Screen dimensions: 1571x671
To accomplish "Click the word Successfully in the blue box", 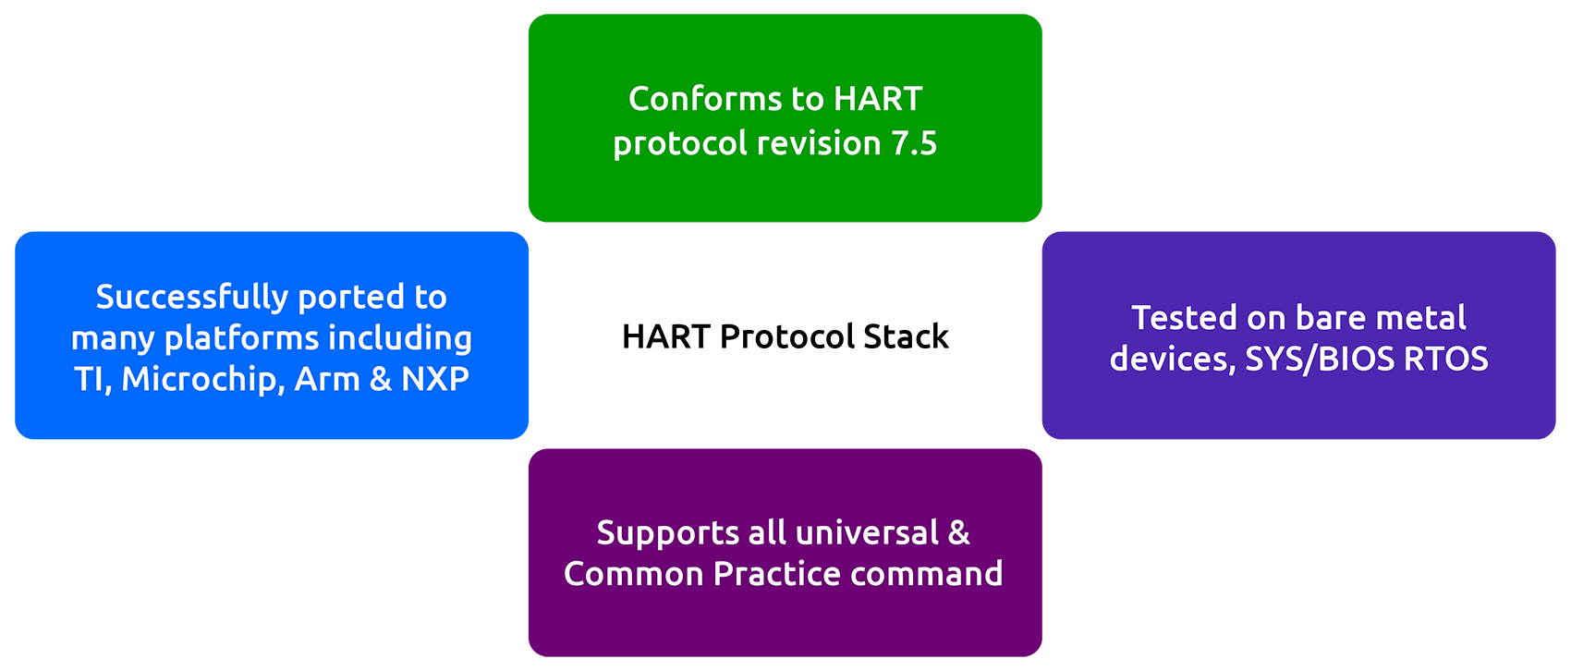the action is click(192, 298).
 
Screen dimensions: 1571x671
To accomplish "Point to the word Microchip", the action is click(202, 380).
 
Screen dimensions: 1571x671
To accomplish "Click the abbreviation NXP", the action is click(435, 379).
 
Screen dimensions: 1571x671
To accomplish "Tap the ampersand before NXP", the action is click(380, 379).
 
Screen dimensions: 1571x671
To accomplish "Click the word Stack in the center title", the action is click(906, 336).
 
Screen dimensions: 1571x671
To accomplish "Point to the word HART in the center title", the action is click(666, 336).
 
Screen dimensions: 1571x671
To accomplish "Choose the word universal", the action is click(867, 533).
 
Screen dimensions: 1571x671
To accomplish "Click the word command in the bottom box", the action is click(927, 574).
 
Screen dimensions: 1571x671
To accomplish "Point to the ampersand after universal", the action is click(958, 533).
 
